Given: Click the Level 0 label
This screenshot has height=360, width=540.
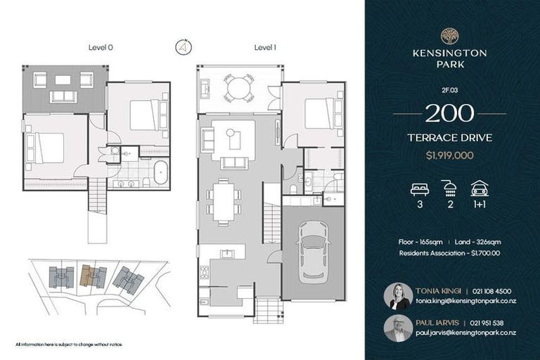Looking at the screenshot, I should point(102,48).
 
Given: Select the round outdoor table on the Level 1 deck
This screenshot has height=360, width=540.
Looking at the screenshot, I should point(239,89).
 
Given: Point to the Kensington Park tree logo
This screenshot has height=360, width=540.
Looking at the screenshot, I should point(449,36).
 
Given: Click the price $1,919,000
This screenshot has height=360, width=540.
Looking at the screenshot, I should point(449,154).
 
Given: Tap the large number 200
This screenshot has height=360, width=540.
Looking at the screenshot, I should point(449,113).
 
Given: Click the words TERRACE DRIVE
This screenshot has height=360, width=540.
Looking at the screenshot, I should point(449,138).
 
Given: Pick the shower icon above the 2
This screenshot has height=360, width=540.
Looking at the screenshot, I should point(449,188).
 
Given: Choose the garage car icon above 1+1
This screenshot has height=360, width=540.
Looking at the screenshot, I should point(480,188).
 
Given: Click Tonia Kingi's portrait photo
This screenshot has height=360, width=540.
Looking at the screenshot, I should point(398,296).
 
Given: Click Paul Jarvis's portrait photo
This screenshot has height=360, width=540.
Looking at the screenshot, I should point(398,328).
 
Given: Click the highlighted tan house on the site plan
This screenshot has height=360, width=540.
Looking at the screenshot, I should point(89,276).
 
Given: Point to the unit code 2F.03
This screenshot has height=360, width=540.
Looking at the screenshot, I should point(449,91).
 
